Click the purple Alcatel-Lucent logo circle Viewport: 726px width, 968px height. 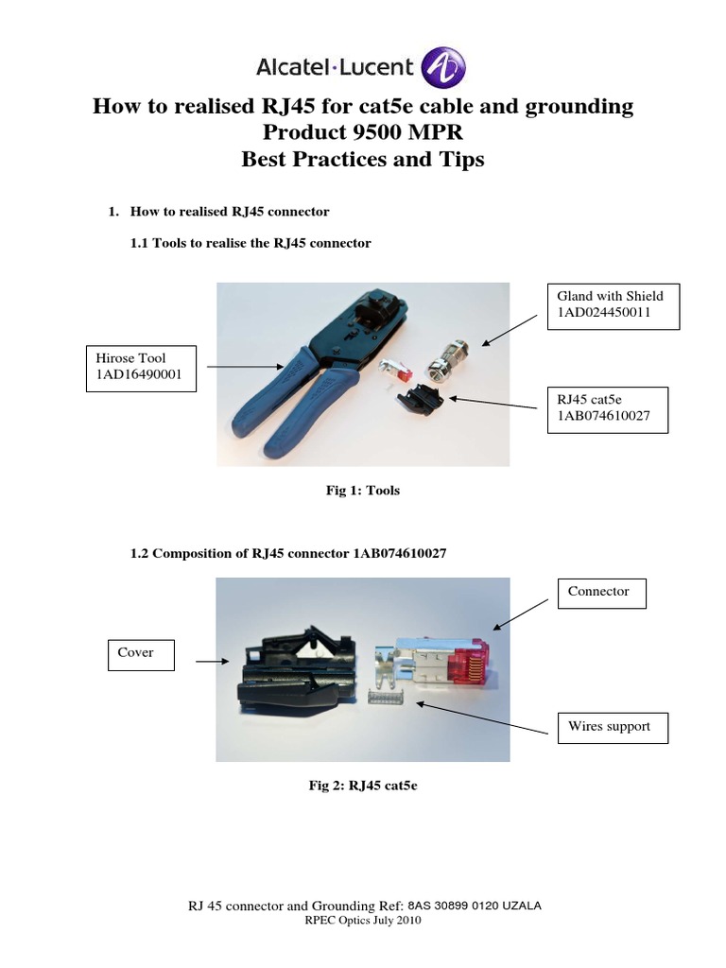click(x=443, y=67)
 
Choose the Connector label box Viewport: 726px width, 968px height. click(x=602, y=593)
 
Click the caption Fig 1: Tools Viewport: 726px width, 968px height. click(x=363, y=491)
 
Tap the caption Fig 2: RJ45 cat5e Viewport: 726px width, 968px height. click(x=363, y=783)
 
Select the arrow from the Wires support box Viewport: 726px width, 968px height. click(x=482, y=718)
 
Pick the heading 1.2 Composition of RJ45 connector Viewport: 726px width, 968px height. click(x=287, y=553)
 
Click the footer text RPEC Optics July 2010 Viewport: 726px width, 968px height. click(x=363, y=920)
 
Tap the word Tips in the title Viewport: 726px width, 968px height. click(x=458, y=159)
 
